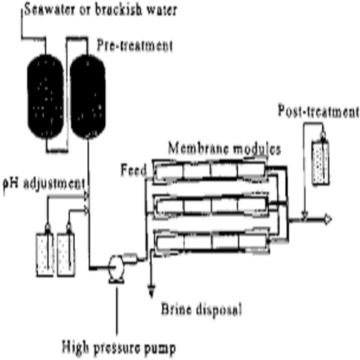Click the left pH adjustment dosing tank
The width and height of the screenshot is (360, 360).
point(46,251)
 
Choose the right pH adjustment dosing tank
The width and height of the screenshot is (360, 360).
point(66,251)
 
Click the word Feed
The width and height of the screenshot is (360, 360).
point(134,169)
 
